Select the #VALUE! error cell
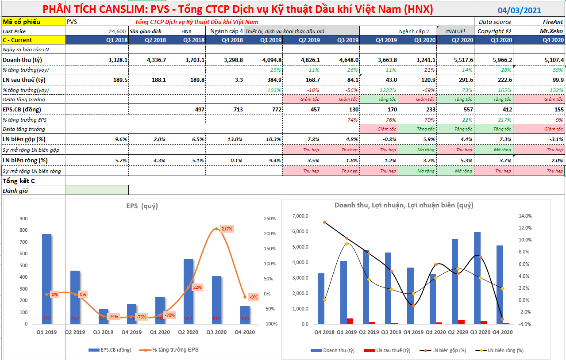point(455,31)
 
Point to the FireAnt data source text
point(553,22)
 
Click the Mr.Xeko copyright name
point(551,31)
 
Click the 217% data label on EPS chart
point(226,229)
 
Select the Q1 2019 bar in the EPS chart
point(46,279)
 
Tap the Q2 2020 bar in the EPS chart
point(188,291)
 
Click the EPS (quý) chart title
point(142,206)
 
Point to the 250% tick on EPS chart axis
point(270,218)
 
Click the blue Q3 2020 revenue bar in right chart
point(477,278)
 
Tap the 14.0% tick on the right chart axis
point(525,216)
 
